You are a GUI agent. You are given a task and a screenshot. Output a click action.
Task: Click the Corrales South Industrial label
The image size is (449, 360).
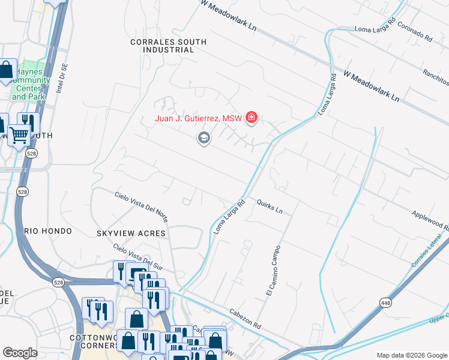tap(168, 46)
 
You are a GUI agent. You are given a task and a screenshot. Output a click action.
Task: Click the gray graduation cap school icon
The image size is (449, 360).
tap(203, 139)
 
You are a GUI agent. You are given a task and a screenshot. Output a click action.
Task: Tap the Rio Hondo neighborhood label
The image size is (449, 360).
tap(48, 231)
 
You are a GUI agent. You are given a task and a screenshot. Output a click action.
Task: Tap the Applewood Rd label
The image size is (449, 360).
tap(430, 220)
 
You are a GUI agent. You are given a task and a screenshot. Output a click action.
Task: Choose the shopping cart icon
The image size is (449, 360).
tap(19, 136)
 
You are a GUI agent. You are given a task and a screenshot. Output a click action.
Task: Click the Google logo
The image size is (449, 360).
tap(20, 353)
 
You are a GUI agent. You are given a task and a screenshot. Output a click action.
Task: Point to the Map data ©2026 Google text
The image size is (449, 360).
tap(411, 355)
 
